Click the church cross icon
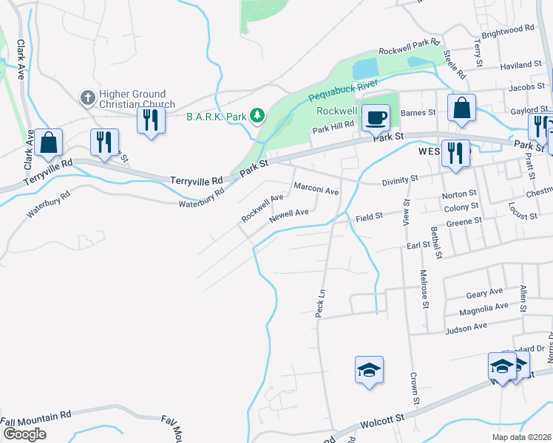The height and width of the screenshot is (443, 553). click(x=86, y=97)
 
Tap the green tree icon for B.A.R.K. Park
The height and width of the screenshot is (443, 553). click(x=257, y=115)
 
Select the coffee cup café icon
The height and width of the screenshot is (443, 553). click(x=376, y=117)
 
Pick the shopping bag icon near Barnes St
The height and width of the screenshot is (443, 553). click(x=461, y=108)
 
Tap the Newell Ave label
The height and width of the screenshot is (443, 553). click(x=289, y=215)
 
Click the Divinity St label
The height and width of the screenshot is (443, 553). click(x=400, y=179)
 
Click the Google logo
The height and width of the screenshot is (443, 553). click(x=24, y=434)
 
